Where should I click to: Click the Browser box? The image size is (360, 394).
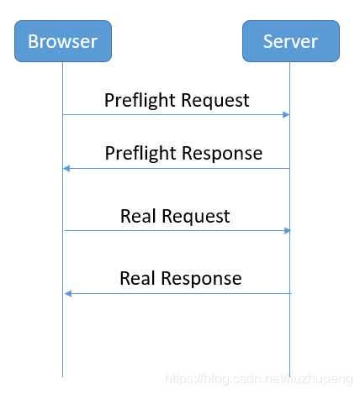click(x=63, y=41)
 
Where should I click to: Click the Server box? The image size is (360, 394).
click(x=291, y=41)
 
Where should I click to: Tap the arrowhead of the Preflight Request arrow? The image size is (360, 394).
click(x=286, y=114)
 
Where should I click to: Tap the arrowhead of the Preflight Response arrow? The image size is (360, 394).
click(x=66, y=168)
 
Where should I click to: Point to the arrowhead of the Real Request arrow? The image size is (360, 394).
click(x=288, y=230)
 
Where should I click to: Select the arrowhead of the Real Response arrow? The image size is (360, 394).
click(x=68, y=293)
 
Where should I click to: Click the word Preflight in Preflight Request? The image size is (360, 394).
click(x=140, y=101)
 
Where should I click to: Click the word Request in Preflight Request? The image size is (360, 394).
click(x=215, y=101)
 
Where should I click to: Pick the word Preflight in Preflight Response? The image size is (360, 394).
click(x=140, y=154)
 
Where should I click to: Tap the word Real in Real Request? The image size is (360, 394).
click(x=138, y=216)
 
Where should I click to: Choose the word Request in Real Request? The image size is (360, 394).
click(x=196, y=217)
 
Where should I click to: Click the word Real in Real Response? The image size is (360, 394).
click(x=137, y=278)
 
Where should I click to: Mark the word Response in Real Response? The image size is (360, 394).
click(x=201, y=279)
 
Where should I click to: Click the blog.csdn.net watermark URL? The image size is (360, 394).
click(x=259, y=379)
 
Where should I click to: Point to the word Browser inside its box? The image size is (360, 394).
click(x=63, y=41)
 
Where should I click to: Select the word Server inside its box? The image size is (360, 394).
click(x=290, y=41)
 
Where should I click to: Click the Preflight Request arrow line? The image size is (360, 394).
click(x=176, y=114)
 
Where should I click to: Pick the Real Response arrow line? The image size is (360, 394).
click(x=178, y=293)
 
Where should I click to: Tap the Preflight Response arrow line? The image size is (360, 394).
click(x=176, y=168)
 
